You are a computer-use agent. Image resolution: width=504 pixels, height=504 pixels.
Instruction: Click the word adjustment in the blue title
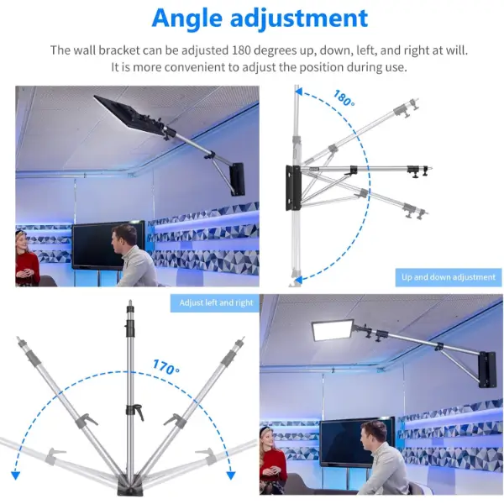click(299, 18)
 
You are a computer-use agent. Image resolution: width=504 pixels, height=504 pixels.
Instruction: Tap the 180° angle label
click(344, 98)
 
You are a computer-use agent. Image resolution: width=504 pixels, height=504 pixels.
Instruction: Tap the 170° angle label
click(165, 367)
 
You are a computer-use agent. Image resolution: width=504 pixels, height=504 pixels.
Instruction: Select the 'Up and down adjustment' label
click(449, 277)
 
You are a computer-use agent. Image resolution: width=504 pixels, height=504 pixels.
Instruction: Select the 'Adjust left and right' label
click(216, 302)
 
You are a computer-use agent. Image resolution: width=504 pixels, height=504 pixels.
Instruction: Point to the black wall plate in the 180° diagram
click(293, 187)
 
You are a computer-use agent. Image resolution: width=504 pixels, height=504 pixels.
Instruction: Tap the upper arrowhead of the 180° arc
click(298, 92)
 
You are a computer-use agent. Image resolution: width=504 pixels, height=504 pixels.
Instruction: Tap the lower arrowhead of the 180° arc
click(298, 280)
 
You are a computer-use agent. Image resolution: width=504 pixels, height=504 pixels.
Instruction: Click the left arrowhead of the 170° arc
click(15, 475)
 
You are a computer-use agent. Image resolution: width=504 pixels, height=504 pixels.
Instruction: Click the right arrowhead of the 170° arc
click(231, 475)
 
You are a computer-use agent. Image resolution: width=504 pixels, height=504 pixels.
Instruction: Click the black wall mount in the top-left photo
click(238, 179)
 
